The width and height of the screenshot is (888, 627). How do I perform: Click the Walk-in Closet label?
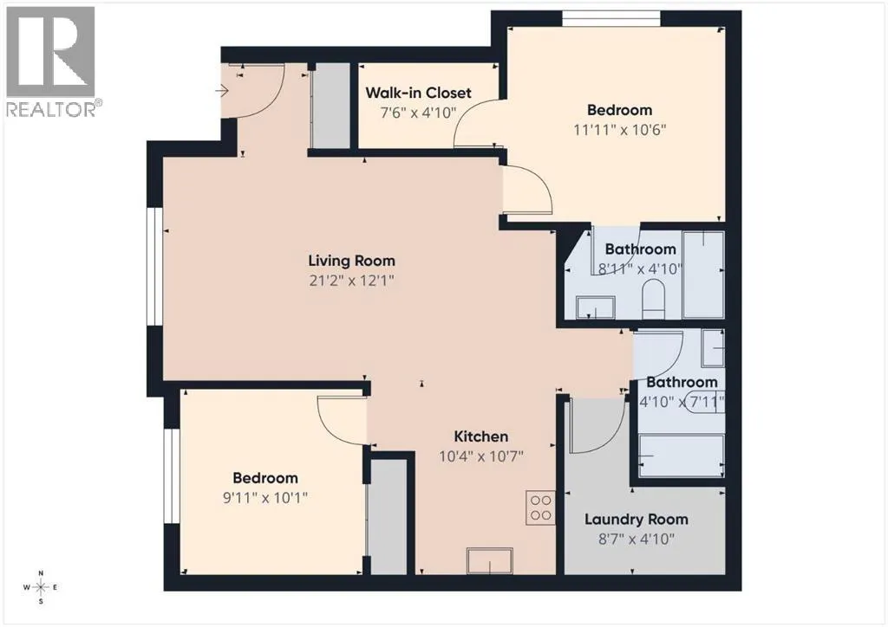click(x=418, y=93)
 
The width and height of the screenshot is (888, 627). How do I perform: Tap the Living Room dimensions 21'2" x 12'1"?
click(x=351, y=281)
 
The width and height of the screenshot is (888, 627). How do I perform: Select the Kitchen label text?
click(x=480, y=436)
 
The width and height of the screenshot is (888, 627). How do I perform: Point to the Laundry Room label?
click(x=636, y=519)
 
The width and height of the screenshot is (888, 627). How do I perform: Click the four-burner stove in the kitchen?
click(x=541, y=507)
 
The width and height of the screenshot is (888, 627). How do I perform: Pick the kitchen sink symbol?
click(x=489, y=560)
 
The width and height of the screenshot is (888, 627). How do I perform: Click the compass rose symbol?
click(x=41, y=587)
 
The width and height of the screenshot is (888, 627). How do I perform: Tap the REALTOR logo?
click(x=51, y=61)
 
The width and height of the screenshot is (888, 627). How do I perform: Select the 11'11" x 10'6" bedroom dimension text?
click(x=619, y=130)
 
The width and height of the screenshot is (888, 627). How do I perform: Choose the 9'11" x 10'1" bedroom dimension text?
click(x=265, y=498)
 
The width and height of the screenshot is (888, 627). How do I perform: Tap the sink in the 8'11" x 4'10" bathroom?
click(x=596, y=307)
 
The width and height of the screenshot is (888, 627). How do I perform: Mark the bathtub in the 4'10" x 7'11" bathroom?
click(x=682, y=456)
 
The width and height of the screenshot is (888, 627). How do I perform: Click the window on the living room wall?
click(x=155, y=266)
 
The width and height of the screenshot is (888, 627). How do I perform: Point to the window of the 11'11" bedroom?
click(x=611, y=19)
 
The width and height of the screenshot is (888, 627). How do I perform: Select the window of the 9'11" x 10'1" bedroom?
click(x=173, y=476)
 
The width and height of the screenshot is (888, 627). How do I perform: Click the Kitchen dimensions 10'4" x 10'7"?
click(x=480, y=456)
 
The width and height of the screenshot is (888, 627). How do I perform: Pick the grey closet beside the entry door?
click(x=331, y=106)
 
